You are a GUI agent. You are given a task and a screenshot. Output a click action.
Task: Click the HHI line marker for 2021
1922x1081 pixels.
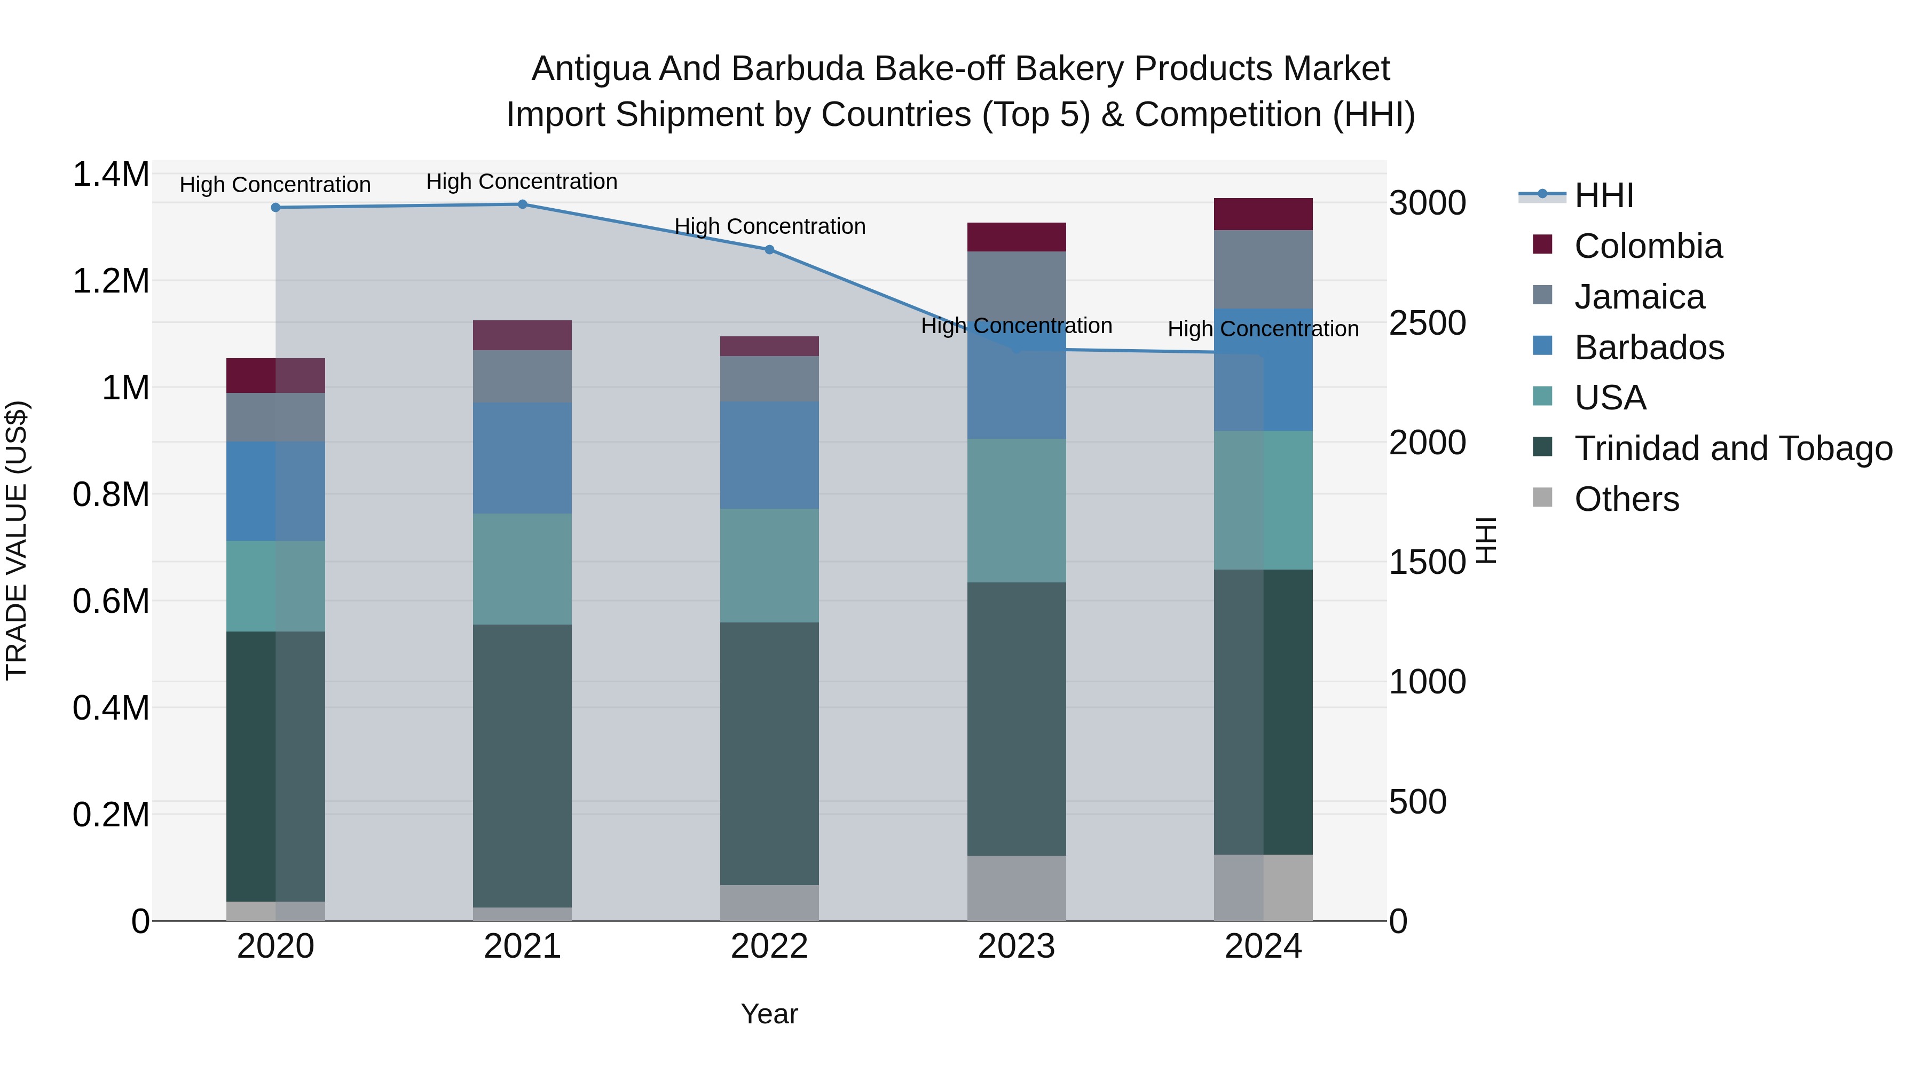pos(522,204)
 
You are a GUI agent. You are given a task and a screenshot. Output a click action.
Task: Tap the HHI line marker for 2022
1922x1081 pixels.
pos(769,250)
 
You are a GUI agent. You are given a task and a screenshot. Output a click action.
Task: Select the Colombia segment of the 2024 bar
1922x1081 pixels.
pos(1263,214)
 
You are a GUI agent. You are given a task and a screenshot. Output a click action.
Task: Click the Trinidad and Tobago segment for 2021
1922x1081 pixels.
pos(522,766)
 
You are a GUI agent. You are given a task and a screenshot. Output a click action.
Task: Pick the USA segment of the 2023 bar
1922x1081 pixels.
pos(1016,510)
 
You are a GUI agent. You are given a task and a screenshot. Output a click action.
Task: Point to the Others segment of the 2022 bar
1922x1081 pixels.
pos(769,903)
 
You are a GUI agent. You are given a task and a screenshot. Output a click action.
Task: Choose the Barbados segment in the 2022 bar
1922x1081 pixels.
pos(769,455)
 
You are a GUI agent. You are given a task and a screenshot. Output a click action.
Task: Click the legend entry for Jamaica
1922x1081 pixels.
pos(1639,297)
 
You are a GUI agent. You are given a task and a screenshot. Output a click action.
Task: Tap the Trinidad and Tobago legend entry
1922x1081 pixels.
pos(1732,448)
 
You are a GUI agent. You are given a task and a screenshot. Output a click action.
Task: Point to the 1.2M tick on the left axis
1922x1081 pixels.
pos(111,281)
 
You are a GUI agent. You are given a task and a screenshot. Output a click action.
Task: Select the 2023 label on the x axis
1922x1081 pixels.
pos(1016,946)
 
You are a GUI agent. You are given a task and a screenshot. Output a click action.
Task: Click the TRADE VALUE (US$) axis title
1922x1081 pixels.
pos(17,540)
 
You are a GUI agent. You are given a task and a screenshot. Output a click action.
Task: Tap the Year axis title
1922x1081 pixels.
pos(769,1014)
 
